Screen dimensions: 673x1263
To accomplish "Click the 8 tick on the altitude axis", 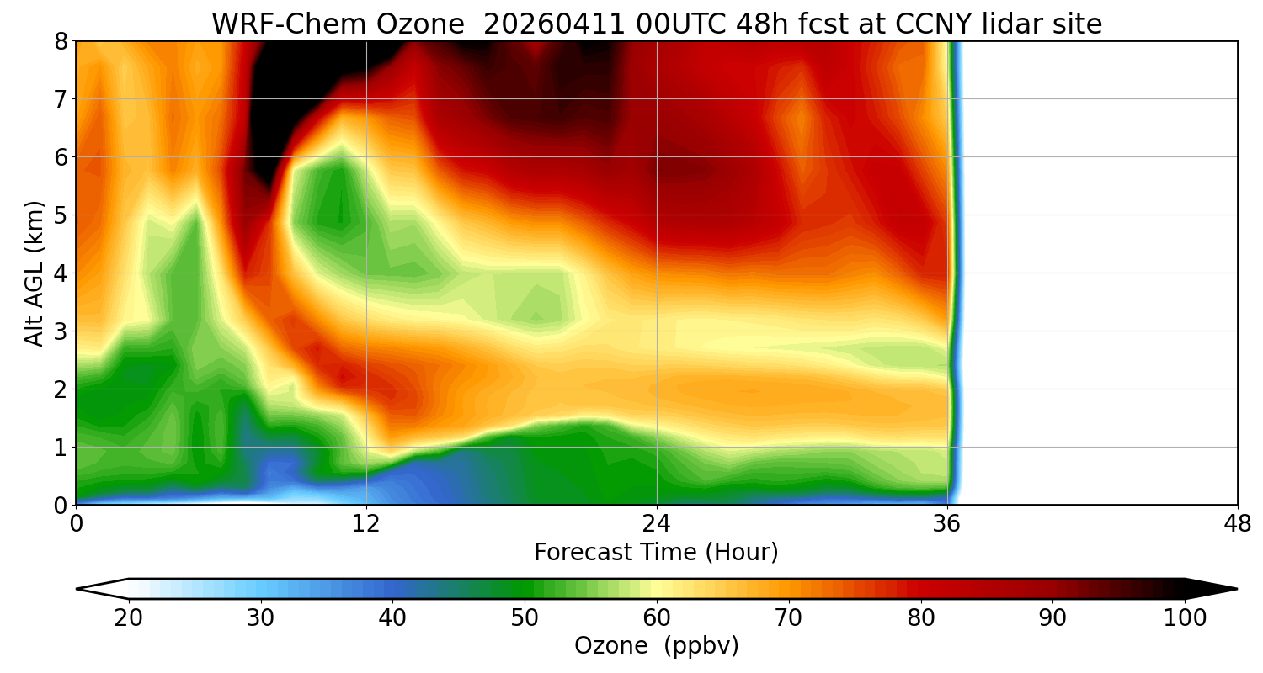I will [x=61, y=41].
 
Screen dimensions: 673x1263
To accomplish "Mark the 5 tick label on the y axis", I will [x=61, y=215].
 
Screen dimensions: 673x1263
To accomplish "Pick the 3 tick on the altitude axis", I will [x=61, y=331].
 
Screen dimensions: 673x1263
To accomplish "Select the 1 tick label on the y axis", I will [x=61, y=448].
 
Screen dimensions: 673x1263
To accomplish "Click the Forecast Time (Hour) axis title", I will [x=656, y=553].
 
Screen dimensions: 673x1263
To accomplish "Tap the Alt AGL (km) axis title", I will [x=35, y=273].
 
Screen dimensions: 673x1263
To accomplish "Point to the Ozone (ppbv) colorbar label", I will [x=656, y=646].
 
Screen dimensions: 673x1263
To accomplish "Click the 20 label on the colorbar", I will [x=129, y=618].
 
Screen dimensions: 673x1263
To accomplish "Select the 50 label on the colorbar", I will [x=525, y=618].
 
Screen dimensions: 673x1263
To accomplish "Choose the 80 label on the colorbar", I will [x=920, y=618].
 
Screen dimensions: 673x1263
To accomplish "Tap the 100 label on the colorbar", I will [x=1185, y=618].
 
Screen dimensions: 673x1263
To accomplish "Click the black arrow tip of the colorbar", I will [x=1221, y=589].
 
